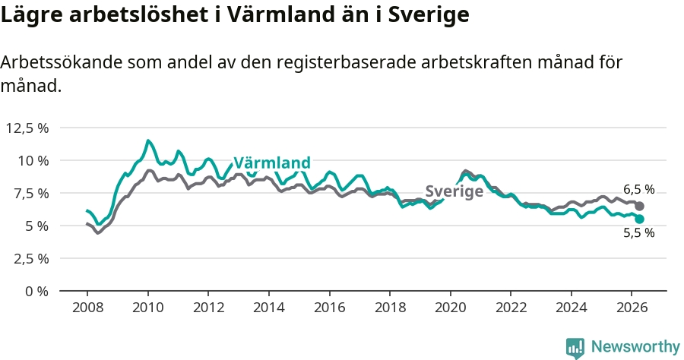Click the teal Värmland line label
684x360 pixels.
[272, 163]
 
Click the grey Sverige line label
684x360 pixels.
[454, 191]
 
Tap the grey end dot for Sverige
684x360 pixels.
[639, 206]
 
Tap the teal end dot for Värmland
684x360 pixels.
[639, 219]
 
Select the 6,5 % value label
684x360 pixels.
[639, 190]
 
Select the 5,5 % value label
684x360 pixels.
[639, 232]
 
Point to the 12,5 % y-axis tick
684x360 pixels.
[27, 128]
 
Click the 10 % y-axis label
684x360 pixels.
[33, 160]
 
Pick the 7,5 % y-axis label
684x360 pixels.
[30, 193]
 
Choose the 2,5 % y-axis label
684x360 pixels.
[30, 258]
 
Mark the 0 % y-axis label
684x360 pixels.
[36, 291]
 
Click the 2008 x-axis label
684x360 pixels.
[87, 308]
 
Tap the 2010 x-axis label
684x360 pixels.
[148, 308]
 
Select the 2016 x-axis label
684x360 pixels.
[329, 308]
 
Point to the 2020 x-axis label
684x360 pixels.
[451, 308]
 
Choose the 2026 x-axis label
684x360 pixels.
[632, 308]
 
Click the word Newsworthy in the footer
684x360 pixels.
[635, 347]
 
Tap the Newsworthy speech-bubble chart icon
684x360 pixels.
[575, 349]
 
